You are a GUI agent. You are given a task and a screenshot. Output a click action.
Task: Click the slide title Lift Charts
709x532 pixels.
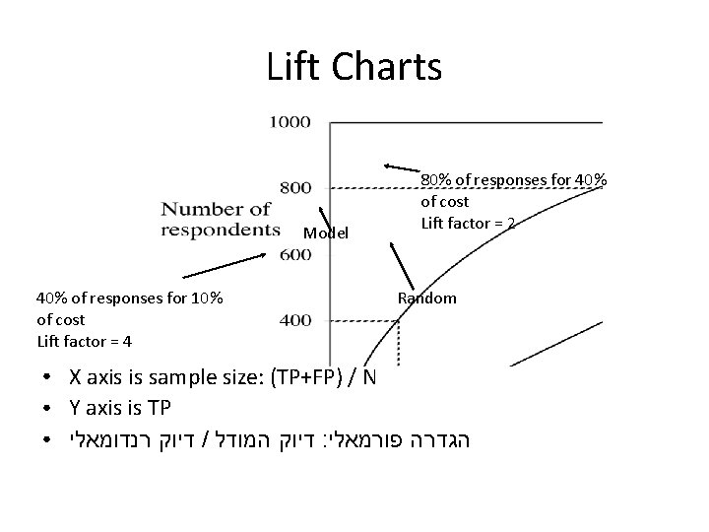click(x=354, y=67)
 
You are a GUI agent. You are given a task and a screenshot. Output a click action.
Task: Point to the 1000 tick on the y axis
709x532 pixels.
click(x=290, y=122)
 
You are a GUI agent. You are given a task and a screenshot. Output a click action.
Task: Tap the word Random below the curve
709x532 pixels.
click(x=426, y=298)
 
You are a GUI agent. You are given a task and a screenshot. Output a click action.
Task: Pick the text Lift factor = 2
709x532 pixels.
click(x=469, y=223)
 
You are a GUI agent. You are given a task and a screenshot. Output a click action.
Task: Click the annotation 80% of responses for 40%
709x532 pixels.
click(x=514, y=180)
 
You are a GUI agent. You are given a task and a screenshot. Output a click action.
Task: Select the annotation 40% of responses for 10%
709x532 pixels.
click(x=130, y=298)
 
